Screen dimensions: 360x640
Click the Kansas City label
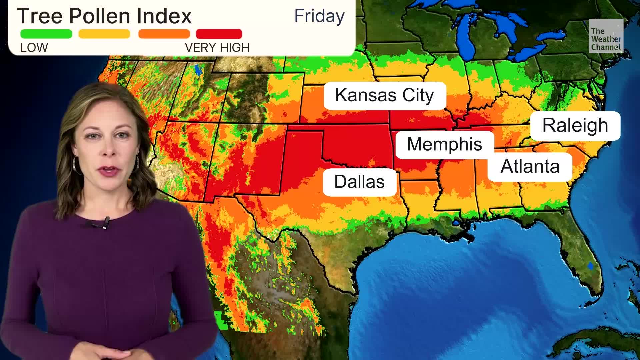tap(385, 95)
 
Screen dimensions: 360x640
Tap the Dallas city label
tap(359, 182)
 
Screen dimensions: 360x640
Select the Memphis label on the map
tap(444, 144)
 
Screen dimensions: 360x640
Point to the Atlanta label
tap(530, 166)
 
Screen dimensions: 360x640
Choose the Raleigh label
tap(575, 125)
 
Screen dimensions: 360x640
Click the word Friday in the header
tap(319, 16)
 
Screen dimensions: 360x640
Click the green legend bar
tap(46, 34)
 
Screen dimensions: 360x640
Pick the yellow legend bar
tap(104, 34)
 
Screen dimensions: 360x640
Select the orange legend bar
tap(164, 34)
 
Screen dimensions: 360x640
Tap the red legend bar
tap(219, 34)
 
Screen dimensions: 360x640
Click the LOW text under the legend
tap(34, 48)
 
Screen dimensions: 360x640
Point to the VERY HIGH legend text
tap(217, 48)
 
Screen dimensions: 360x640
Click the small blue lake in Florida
tap(590, 266)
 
